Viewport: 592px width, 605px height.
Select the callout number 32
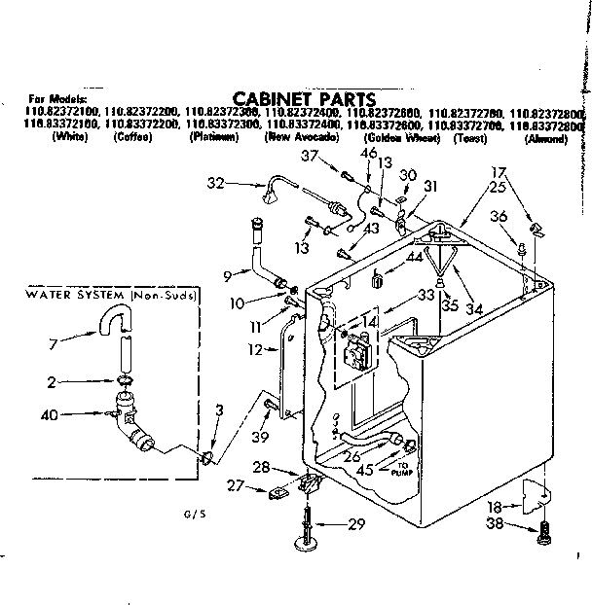pyautogui.click(x=216, y=181)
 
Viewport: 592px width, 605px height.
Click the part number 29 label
pyautogui.click(x=356, y=524)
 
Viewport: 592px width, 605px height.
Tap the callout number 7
pyautogui.click(x=53, y=341)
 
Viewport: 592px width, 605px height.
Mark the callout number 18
pyautogui.click(x=497, y=508)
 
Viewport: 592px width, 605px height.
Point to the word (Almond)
pyautogui.click(x=544, y=139)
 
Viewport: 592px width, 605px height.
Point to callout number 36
pyautogui.click(x=498, y=216)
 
